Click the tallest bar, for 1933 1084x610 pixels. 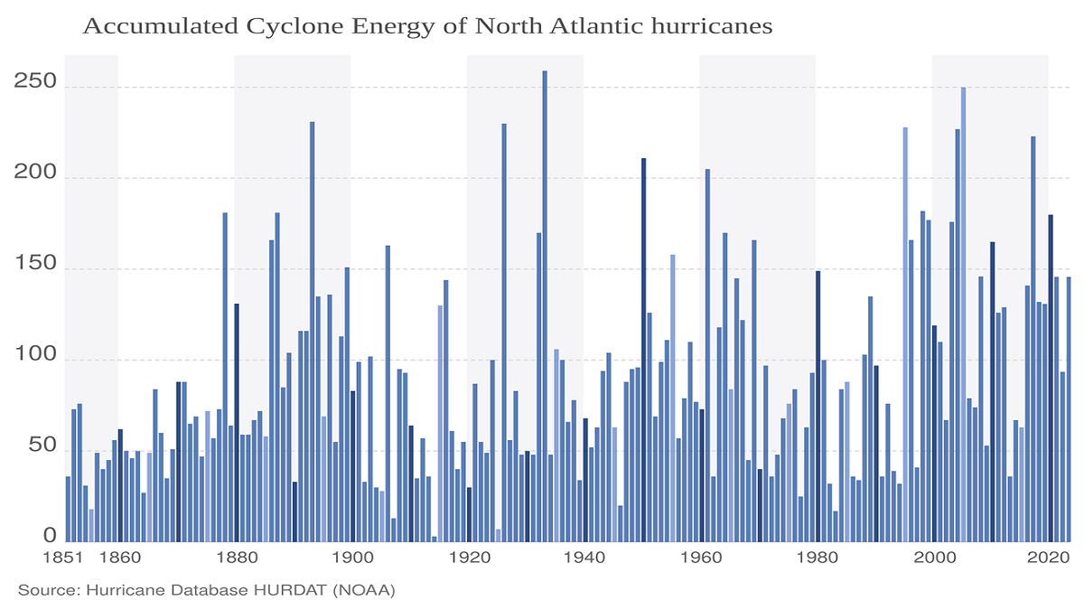pyautogui.click(x=545, y=307)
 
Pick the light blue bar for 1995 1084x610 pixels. pyautogui.click(x=905, y=334)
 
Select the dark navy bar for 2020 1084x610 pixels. pyautogui.click(x=1051, y=379)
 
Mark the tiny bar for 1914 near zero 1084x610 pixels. pyautogui.click(x=435, y=540)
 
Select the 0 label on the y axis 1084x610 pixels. pyautogui.click(x=51, y=536)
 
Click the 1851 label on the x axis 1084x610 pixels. pyautogui.click(x=69, y=558)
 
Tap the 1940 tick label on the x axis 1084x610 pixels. pyautogui.click(x=584, y=558)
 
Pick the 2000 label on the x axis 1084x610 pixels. pyautogui.click(x=933, y=558)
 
